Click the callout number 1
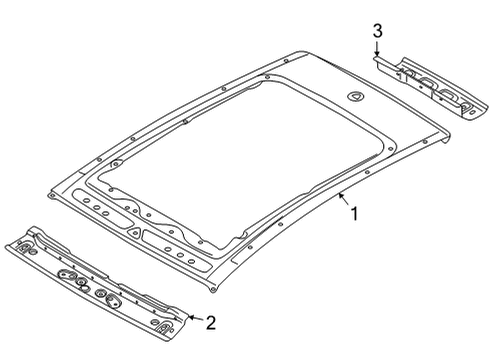[x=355, y=214]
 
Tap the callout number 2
[x=211, y=323]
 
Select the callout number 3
[x=377, y=31]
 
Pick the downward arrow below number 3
[x=377, y=48]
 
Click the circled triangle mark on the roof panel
[x=356, y=97]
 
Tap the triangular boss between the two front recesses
[x=135, y=233]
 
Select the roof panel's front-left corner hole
[x=51, y=195]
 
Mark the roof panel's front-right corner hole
[x=214, y=289]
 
